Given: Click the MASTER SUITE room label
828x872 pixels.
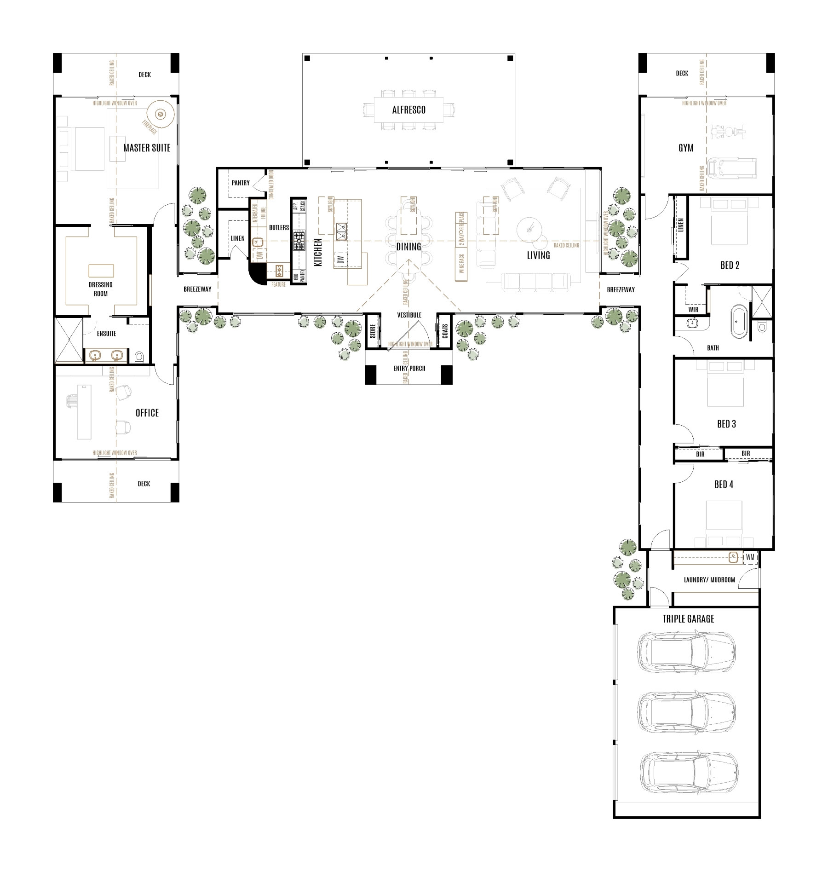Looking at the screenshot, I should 147,148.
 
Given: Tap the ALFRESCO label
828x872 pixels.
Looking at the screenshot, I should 408,110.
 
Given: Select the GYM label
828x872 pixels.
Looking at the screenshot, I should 686,148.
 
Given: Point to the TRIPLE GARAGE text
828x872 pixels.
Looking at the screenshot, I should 688,619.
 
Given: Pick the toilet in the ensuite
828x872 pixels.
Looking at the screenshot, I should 139,357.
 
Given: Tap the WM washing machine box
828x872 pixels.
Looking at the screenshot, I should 750,557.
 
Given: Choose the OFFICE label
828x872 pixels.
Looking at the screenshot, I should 147,413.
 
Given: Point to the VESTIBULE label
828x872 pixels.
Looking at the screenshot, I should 409,315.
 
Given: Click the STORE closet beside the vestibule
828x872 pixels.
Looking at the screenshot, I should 373,330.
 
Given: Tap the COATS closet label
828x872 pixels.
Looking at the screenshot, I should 445,331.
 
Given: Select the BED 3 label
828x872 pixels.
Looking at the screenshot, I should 726,424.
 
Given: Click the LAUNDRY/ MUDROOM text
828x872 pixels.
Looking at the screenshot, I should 709,580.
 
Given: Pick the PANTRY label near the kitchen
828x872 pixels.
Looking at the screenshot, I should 241,183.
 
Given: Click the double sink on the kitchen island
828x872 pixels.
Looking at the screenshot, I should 341,231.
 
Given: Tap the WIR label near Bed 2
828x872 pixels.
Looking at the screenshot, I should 693,309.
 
